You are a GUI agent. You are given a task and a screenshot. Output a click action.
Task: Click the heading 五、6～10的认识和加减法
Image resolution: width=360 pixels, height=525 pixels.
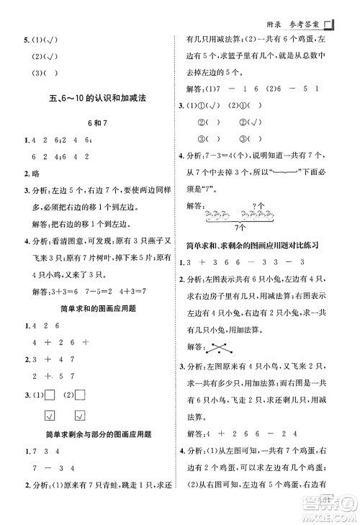pyautogui.click(x=94, y=99)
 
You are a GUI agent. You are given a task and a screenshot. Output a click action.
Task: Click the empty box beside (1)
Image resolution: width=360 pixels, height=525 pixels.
pyautogui.click(x=50, y=375)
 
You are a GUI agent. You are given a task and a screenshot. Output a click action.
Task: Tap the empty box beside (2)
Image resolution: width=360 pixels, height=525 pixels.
pyautogui.click(x=81, y=375)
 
